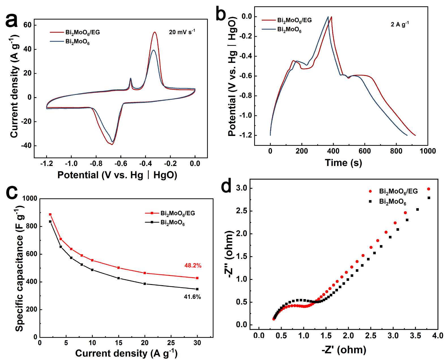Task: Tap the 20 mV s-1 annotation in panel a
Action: tap(182, 32)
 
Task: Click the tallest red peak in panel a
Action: tap(155, 32)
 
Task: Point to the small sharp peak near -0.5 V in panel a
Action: tap(131, 78)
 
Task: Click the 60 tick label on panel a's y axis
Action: tap(27, 25)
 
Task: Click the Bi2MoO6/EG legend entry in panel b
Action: tap(294, 20)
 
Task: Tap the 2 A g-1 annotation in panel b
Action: tap(400, 24)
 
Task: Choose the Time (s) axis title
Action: tap(343, 163)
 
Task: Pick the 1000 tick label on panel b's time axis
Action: tap(427, 151)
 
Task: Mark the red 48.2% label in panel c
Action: tap(193, 266)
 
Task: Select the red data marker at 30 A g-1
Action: tap(197, 278)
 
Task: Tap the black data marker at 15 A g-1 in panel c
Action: tap(119, 278)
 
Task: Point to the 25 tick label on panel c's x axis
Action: tap(171, 343)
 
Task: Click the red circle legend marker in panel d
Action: tap(370, 191)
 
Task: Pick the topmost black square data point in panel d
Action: tap(429, 198)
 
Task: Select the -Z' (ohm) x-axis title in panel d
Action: tap(344, 350)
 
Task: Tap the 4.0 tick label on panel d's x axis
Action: tap(438, 336)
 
